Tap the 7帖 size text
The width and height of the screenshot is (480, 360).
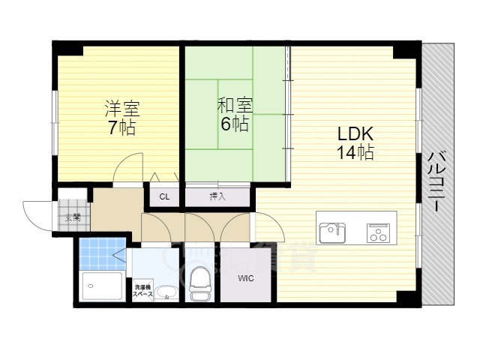[x=121, y=127]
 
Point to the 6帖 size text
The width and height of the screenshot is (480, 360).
[x=235, y=124]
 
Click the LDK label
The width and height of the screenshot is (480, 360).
[x=355, y=134]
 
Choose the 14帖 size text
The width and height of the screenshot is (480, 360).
[x=355, y=153]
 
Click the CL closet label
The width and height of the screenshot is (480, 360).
[x=164, y=197]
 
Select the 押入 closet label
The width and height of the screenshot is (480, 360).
[x=217, y=197]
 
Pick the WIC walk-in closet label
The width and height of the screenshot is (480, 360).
[x=245, y=279]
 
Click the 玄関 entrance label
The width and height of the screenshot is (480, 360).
[x=73, y=218]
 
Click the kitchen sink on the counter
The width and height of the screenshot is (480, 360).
[x=331, y=232]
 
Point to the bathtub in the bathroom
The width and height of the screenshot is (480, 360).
[x=101, y=286]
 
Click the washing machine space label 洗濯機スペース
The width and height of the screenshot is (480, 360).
[x=143, y=291]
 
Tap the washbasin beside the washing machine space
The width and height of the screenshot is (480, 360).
[x=167, y=292]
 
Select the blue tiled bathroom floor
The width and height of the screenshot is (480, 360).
[x=100, y=253]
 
